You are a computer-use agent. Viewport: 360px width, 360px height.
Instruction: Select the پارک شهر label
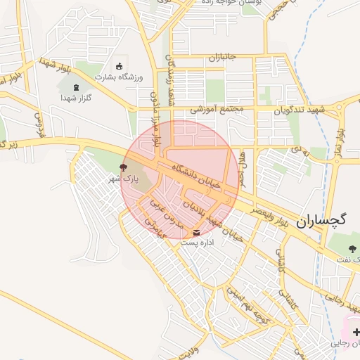pos(124,180)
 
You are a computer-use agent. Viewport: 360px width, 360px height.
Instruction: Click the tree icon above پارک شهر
pos(124,168)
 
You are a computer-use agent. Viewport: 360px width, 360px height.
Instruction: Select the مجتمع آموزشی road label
pos(217,110)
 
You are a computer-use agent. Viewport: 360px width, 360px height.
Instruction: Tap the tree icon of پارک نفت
pos(354,247)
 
